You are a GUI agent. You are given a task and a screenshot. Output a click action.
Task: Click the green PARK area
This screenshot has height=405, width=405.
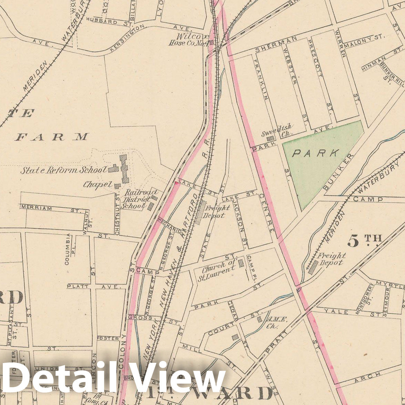[319, 161]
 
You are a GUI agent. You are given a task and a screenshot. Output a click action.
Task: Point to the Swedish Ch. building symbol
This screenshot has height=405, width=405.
[271, 138]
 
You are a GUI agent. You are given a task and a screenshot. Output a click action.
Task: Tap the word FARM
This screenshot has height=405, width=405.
[52, 137]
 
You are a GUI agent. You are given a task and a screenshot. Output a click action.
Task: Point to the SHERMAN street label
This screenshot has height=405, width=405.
[275, 44]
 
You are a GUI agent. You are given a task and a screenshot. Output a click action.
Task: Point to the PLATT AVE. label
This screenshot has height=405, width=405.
[93, 286]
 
